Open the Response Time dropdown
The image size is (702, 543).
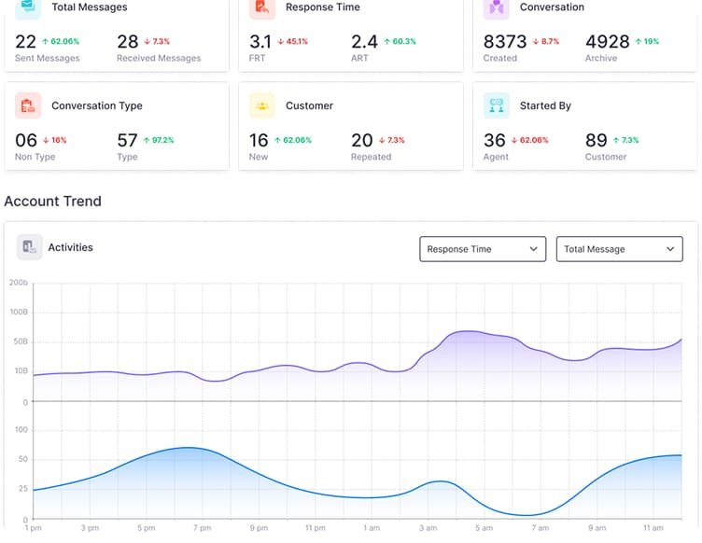[x=482, y=249]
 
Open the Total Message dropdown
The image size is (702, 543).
[x=619, y=249]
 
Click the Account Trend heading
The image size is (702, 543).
[x=53, y=201]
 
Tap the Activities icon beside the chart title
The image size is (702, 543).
[x=29, y=247]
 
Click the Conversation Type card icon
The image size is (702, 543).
[x=28, y=105]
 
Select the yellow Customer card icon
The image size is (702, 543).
[x=262, y=105]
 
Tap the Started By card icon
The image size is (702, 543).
[x=497, y=105]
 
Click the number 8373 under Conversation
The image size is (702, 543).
[x=505, y=42]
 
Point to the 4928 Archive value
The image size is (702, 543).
[x=608, y=42]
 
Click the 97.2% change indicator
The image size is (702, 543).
[x=159, y=140]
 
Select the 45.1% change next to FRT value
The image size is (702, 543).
[x=292, y=41]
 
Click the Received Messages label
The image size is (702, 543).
[x=159, y=58]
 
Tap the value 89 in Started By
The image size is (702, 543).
[x=596, y=140]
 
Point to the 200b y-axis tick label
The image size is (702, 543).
[x=18, y=282]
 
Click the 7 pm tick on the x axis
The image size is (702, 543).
[x=202, y=528]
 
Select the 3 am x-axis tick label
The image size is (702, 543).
[x=428, y=528]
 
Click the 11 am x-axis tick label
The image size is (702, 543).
[x=653, y=528]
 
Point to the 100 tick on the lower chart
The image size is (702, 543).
[x=21, y=430]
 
